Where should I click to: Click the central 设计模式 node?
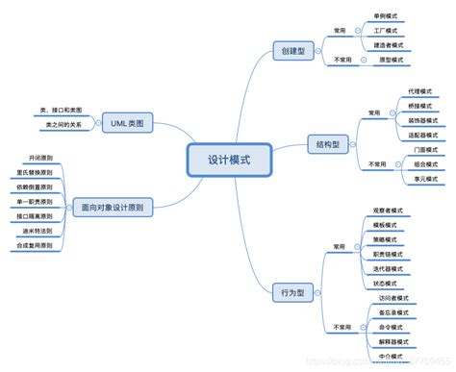pos(228,160)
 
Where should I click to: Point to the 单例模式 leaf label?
pos(388,16)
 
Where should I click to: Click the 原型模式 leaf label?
pos(388,60)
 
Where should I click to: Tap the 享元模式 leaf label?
pos(421,178)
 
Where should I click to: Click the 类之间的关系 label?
pos(60,125)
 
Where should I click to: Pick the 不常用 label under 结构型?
pos(376,164)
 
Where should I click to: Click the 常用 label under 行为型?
pos(339,246)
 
